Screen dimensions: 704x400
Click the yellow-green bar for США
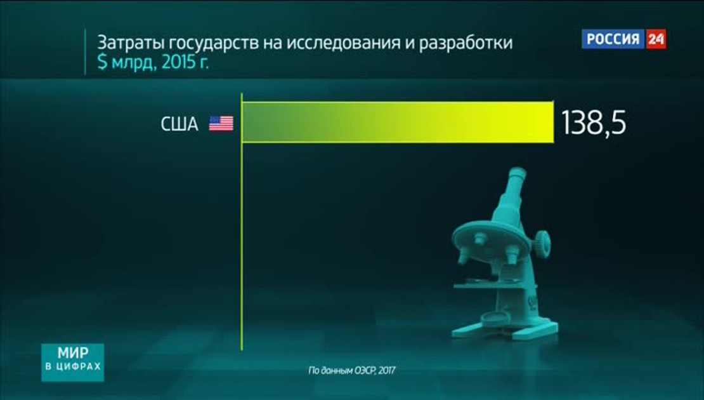[398, 123]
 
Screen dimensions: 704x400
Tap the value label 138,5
[594, 123]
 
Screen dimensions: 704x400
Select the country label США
[179, 124]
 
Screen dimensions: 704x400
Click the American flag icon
[221, 123]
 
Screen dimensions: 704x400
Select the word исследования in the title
[344, 44]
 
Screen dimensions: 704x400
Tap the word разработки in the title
[466, 44]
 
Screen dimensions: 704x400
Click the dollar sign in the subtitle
[103, 63]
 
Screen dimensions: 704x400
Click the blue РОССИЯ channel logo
[613, 39]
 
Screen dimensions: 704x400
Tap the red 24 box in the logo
[656, 39]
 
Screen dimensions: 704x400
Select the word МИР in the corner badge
[73, 352]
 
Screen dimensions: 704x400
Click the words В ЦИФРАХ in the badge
[73, 367]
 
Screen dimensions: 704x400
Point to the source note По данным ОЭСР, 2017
[351, 371]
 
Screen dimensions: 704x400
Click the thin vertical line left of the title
[85, 52]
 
